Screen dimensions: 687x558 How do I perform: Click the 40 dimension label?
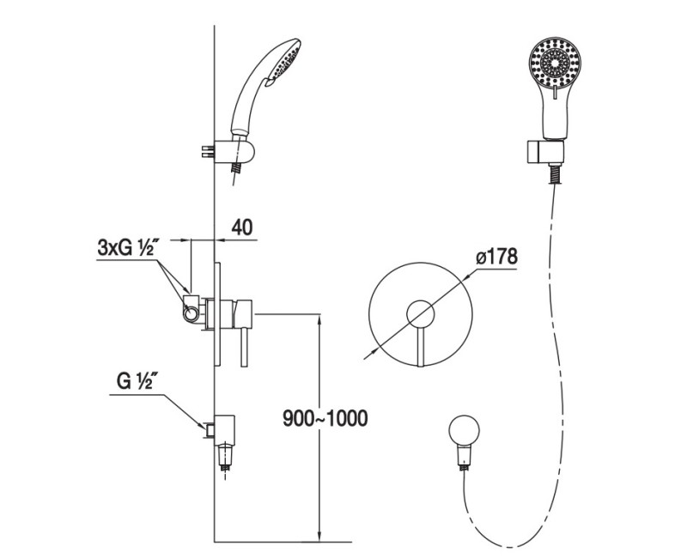242,227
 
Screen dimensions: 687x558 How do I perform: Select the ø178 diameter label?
496,257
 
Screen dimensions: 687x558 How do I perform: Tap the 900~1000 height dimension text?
325,419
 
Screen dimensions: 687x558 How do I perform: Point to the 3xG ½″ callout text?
126,248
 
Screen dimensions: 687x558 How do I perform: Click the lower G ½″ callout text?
135,381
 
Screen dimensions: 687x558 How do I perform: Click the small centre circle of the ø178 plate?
420,314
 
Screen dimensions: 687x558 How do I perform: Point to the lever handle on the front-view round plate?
421,347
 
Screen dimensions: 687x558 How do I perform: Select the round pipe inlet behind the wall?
191,313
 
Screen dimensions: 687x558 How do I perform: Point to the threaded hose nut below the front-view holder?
556,174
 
